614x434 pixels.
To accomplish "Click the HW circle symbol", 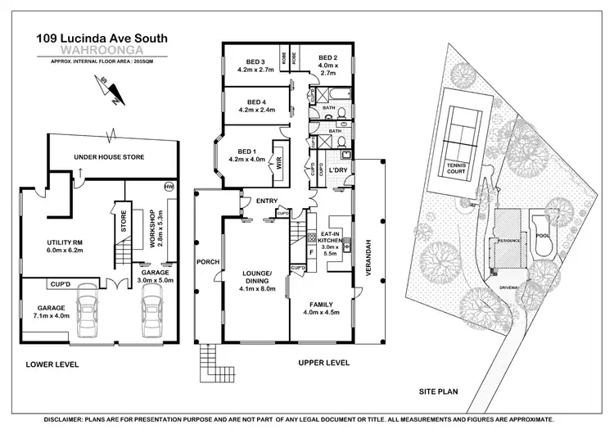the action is (x=169, y=186).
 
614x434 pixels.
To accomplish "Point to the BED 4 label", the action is (x=252, y=102).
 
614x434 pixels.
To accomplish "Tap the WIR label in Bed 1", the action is (x=280, y=160).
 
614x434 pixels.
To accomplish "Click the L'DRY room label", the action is (x=339, y=170).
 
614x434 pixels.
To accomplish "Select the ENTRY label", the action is (x=266, y=201).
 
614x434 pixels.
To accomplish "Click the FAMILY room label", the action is (x=320, y=304).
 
